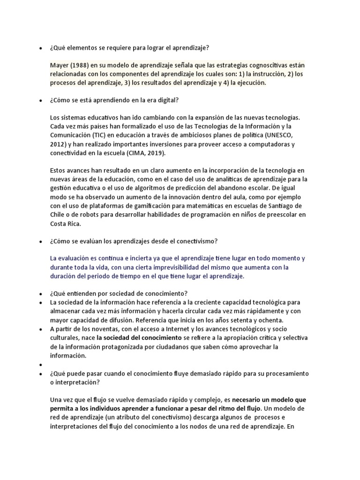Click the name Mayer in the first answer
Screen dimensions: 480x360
point(60,65)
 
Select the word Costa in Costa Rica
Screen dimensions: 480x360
point(58,224)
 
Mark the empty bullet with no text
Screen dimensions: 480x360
point(41,364)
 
